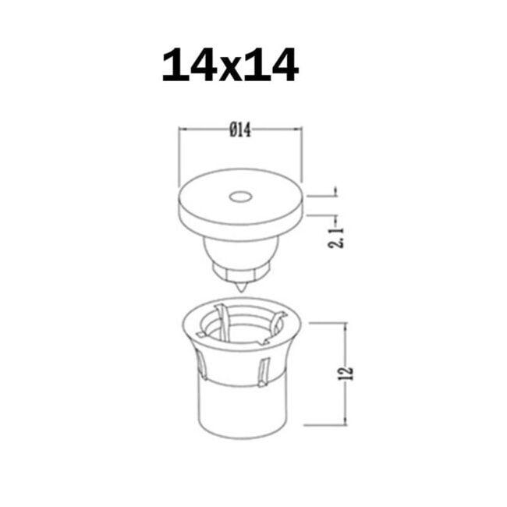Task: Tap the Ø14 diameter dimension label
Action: (240, 131)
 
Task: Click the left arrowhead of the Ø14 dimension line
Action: (184, 131)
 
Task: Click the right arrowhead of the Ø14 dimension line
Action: (297, 131)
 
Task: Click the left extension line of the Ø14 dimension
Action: (180, 156)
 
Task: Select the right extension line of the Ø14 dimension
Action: (302, 156)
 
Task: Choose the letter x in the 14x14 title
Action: (230, 69)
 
